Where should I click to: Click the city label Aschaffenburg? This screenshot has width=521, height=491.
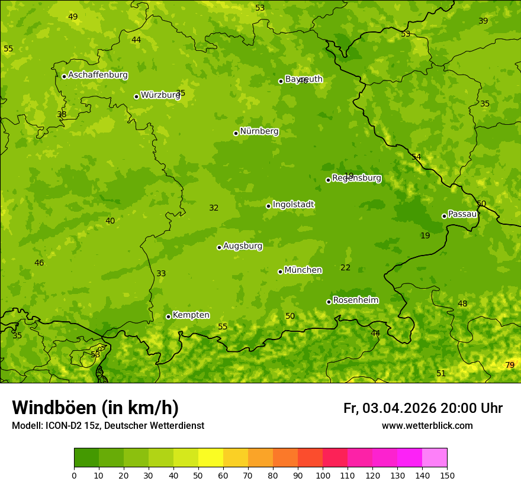pyautogui.click(x=98, y=75)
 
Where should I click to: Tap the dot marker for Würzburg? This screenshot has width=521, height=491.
pyautogui.click(x=136, y=96)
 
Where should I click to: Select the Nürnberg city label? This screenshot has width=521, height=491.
pyautogui.click(x=259, y=131)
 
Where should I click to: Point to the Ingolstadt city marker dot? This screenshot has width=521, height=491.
pyautogui.click(x=268, y=206)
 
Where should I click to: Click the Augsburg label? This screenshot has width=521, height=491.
pyautogui.click(x=243, y=246)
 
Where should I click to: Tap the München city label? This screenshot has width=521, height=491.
pyautogui.click(x=303, y=270)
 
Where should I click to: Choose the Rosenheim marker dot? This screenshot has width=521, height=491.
pyautogui.click(x=329, y=302)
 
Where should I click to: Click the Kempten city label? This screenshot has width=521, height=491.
pyautogui.click(x=191, y=315)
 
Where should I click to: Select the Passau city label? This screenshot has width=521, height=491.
pyautogui.click(x=462, y=214)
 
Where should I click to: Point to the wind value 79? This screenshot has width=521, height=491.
pyautogui.click(x=510, y=365)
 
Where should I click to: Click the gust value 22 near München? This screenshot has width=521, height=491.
pyautogui.click(x=345, y=267)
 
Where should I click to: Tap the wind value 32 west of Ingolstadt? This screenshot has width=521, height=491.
pyautogui.click(x=214, y=208)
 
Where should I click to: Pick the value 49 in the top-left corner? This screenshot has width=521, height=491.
pyautogui.click(x=73, y=17)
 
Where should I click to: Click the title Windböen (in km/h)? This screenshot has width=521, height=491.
pyautogui.click(x=95, y=408)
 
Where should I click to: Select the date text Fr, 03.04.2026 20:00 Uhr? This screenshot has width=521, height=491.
pyautogui.click(x=423, y=408)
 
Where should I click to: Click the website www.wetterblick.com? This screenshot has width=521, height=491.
pyautogui.click(x=427, y=425)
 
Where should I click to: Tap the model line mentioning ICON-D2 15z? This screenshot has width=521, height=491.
pyautogui.click(x=108, y=425)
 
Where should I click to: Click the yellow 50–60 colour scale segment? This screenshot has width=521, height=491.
pyautogui.click(x=211, y=458)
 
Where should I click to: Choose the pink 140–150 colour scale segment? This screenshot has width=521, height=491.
pyautogui.click(x=435, y=458)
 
